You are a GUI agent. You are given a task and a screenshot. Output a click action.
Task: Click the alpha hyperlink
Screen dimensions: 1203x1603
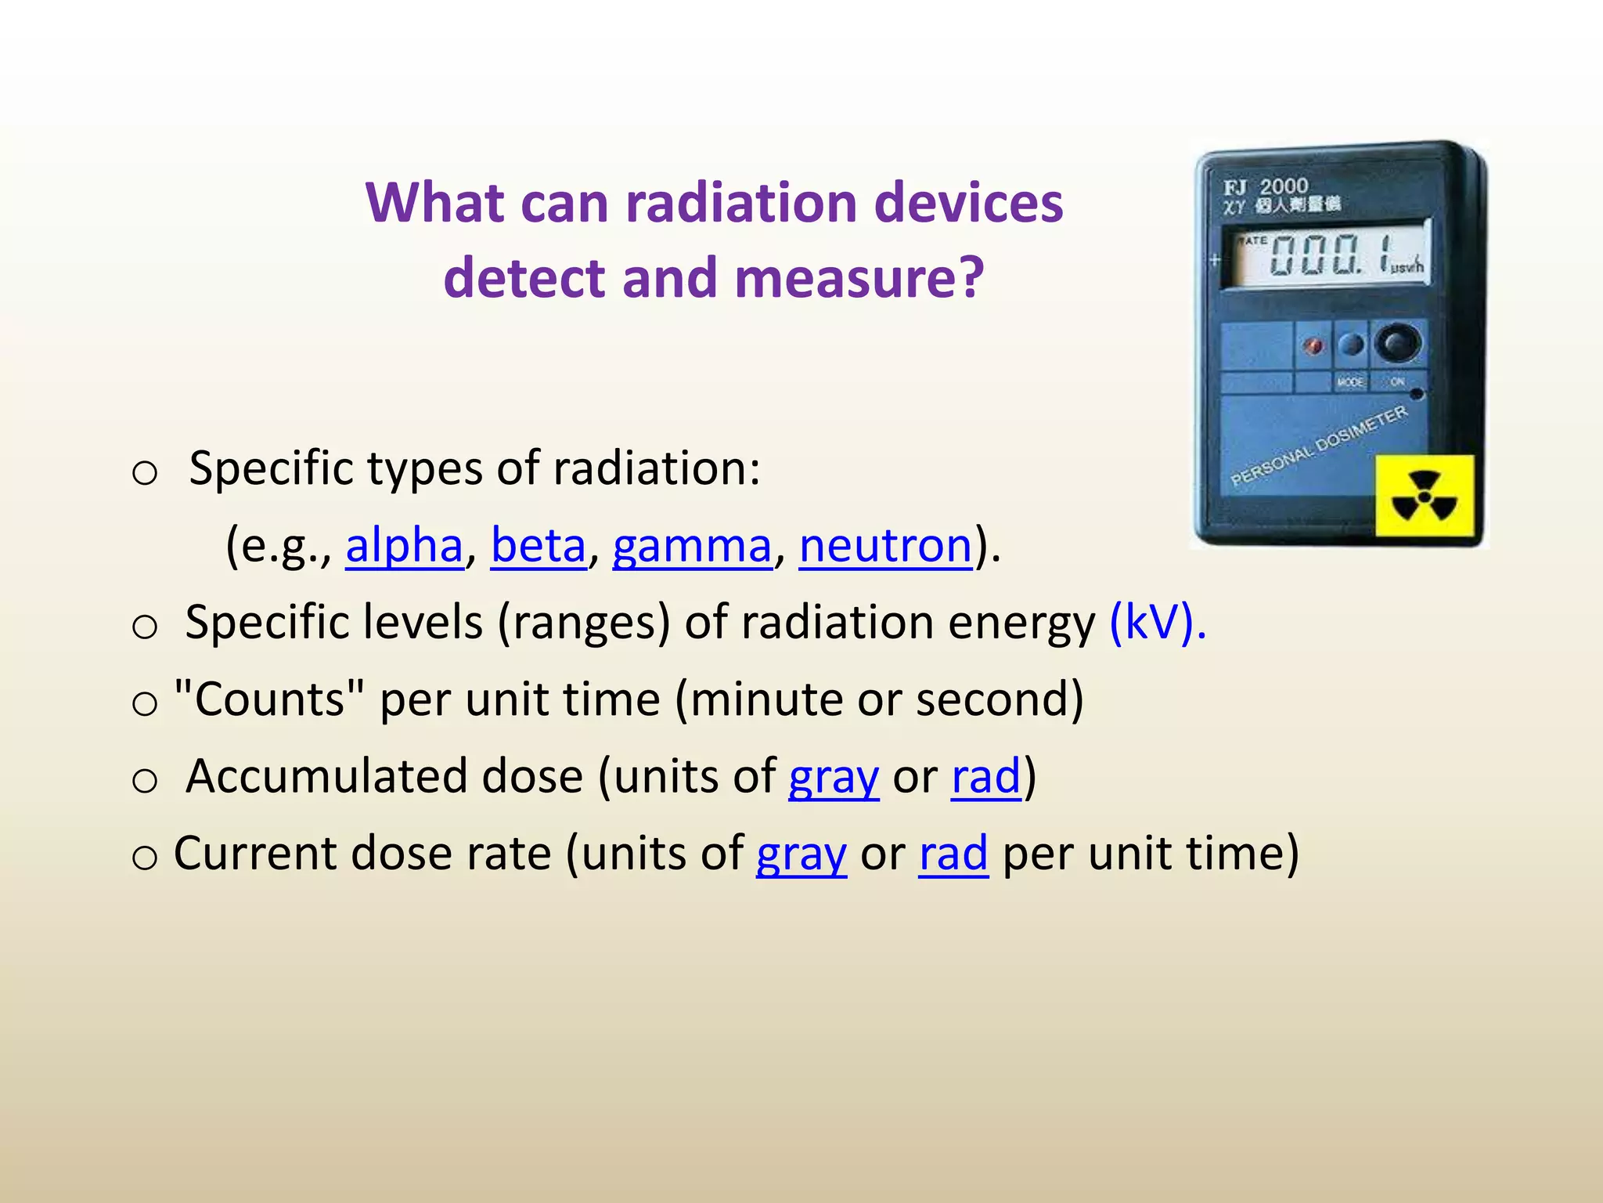(x=404, y=545)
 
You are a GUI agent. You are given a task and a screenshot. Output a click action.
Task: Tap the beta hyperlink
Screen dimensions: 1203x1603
(x=539, y=545)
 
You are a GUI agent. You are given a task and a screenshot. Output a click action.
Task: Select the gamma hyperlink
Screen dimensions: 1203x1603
(x=692, y=546)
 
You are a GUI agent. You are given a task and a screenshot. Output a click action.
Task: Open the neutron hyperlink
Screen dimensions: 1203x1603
(x=885, y=545)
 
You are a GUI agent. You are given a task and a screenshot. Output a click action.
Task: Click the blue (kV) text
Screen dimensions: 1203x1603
(x=1157, y=623)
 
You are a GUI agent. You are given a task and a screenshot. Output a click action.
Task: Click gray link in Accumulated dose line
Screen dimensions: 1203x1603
(x=834, y=777)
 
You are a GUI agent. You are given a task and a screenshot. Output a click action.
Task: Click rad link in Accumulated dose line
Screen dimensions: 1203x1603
(x=986, y=776)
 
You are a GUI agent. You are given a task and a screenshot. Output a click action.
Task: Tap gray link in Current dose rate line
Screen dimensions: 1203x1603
(x=801, y=854)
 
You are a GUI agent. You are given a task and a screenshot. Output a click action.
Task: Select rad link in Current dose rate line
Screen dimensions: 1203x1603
(x=953, y=853)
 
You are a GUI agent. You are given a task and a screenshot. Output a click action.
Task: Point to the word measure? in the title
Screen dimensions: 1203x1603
(x=859, y=278)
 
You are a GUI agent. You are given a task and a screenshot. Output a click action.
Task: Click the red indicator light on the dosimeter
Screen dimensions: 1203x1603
(x=1313, y=345)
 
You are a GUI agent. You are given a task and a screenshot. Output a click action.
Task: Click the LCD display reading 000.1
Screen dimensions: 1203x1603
(x=1330, y=255)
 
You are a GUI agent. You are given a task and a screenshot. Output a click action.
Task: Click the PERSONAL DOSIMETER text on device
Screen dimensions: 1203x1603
(x=1318, y=446)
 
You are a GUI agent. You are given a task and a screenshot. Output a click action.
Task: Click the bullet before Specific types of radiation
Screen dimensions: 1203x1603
(x=145, y=472)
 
